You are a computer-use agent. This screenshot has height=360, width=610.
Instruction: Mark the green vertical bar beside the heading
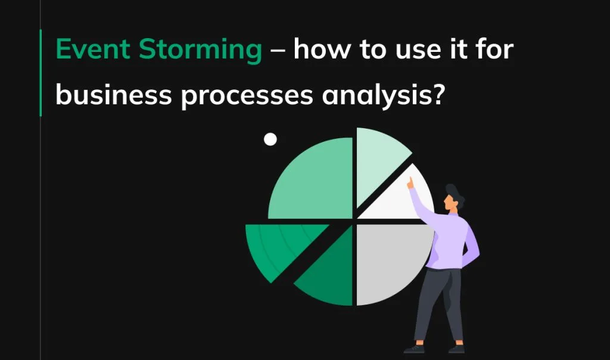41,72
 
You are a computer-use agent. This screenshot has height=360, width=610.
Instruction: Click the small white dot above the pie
270,139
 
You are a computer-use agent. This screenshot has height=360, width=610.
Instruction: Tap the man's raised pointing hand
410,183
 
